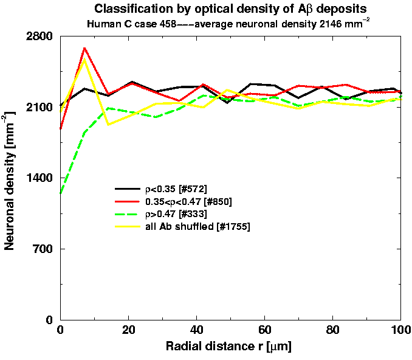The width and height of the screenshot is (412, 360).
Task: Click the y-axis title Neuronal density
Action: [10, 178]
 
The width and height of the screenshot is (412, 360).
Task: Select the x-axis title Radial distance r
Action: [230, 347]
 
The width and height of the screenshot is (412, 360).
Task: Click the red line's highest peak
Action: [84, 47]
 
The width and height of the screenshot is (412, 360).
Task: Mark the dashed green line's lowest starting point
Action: [60, 194]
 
